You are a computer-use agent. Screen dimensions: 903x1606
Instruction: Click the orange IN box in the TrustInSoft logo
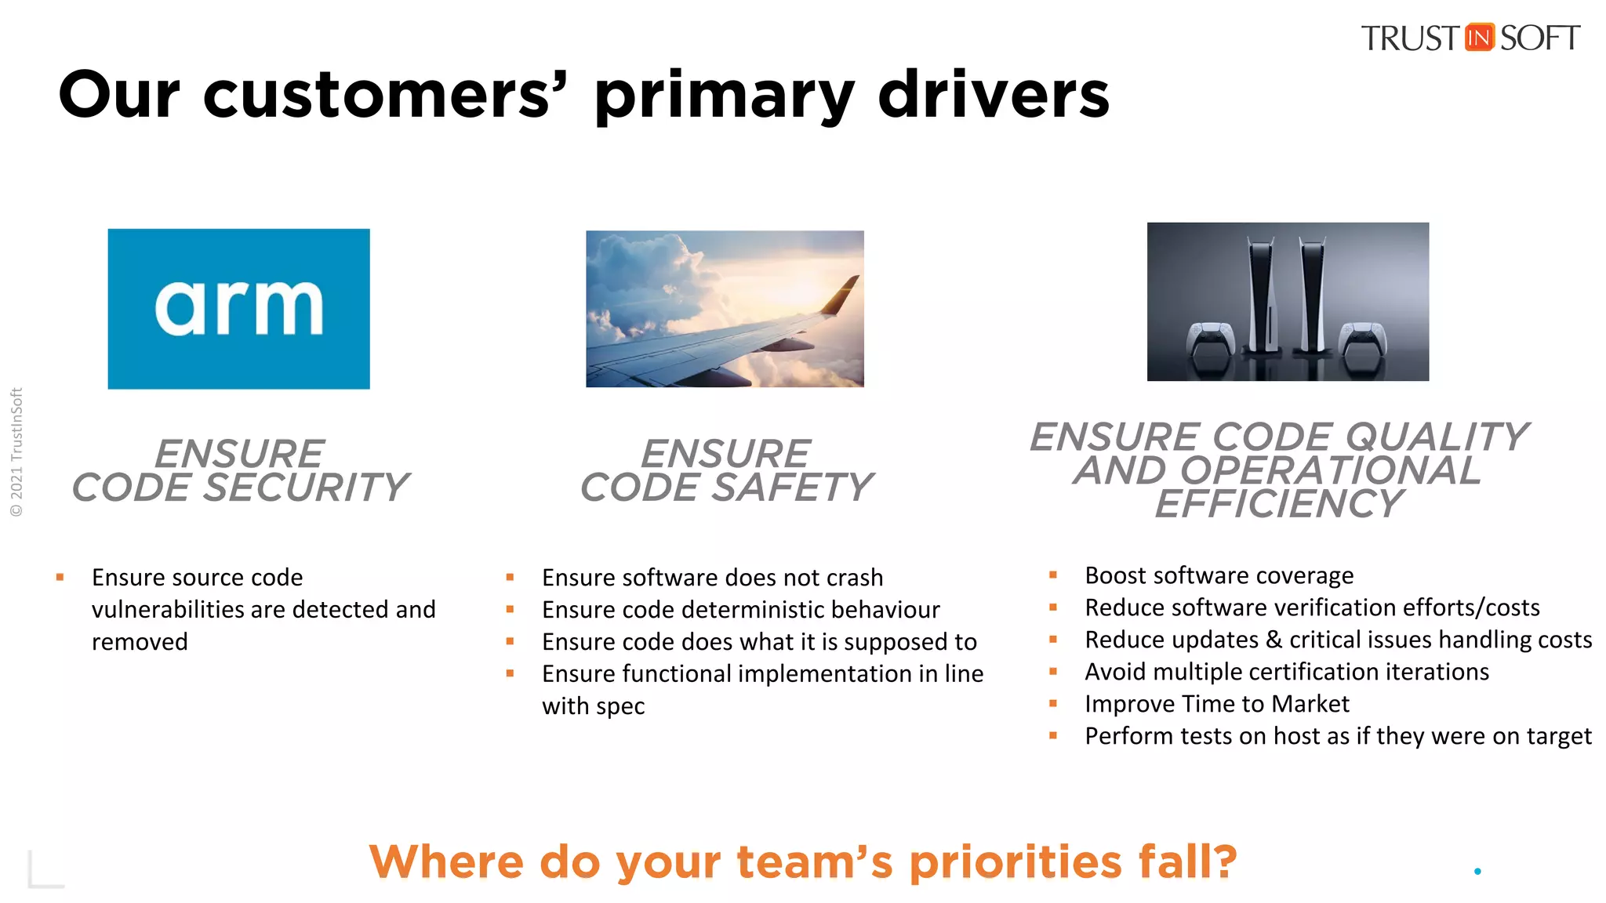click(x=1479, y=38)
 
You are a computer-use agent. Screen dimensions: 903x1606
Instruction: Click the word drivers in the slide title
click(x=994, y=95)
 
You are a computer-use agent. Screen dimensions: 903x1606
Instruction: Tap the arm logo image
click(x=238, y=309)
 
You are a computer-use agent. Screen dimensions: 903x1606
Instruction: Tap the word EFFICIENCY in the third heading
click(x=1280, y=504)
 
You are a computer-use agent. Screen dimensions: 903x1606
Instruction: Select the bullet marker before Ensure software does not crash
click(x=510, y=578)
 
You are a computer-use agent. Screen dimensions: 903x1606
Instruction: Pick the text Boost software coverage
click(x=1219, y=576)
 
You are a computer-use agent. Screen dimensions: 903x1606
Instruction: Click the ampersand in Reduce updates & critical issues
click(x=1274, y=640)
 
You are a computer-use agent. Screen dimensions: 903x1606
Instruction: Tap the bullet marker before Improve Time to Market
click(x=1053, y=704)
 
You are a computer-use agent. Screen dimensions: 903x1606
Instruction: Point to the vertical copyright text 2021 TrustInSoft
click(x=16, y=452)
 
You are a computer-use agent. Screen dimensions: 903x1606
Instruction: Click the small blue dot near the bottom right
click(x=1477, y=871)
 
